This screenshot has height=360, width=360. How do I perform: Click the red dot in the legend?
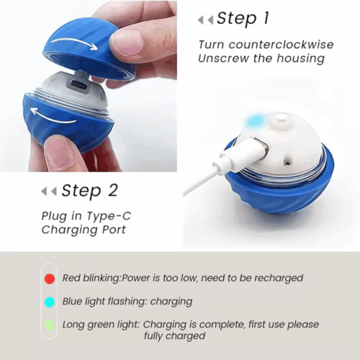pos(49,278)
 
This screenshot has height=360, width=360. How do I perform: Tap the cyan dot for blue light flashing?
pos(49,301)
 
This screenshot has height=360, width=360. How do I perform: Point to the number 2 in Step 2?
pos(112,191)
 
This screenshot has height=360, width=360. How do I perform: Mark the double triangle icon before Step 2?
pos(49,192)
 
